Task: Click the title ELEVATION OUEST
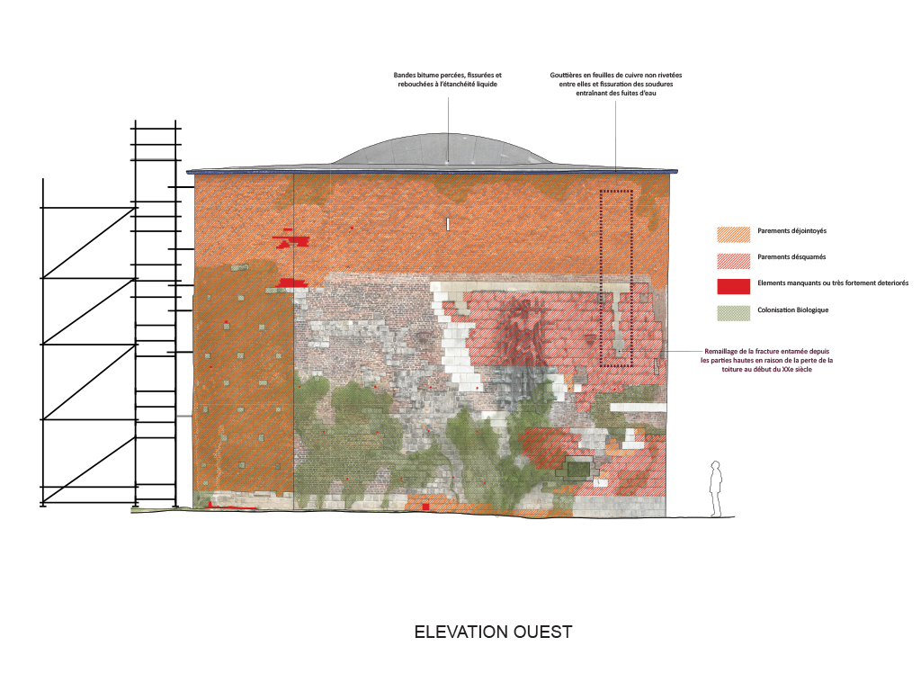click(493, 632)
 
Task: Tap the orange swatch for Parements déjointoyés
click(734, 235)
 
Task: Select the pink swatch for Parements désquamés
click(734, 260)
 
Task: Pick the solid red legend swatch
click(734, 286)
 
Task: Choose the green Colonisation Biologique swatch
click(734, 313)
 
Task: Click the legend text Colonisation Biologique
click(793, 310)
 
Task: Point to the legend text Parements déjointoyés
click(791, 231)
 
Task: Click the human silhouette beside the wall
click(715, 489)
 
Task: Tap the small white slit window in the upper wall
click(448, 224)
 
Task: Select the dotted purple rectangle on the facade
click(616, 278)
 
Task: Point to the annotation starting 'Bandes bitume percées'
click(448, 79)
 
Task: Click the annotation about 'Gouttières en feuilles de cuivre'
click(615, 84)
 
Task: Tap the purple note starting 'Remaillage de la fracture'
click(766, 360)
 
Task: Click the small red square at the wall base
click(425, 507)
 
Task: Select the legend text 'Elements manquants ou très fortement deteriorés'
click(833, 283)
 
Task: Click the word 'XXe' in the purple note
click(778, 370)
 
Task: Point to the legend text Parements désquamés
click(791, 256)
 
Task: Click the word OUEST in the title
click(542, 632)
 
